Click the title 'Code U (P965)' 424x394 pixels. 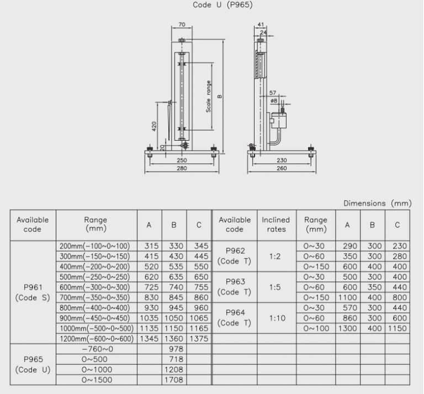point(222,5)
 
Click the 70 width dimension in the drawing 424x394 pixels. point(182,24)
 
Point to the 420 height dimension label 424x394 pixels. point(154,126)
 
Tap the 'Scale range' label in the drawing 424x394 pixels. point(208,97)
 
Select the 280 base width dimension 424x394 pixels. point(182,168)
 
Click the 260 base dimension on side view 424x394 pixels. point(282,168)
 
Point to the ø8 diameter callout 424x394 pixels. point(274,101)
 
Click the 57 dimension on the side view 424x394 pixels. point(273,93)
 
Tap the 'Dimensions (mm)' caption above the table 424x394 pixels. point(378,203)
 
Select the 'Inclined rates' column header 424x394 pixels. point(276,225)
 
